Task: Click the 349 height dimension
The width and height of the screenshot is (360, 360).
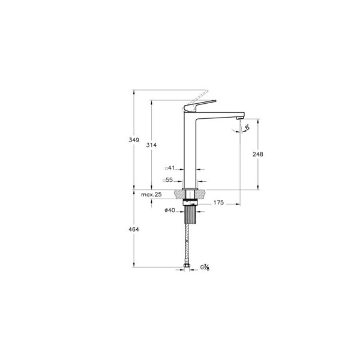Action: [x=134, y=140]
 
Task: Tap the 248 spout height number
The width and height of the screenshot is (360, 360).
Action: [x=259, y=154]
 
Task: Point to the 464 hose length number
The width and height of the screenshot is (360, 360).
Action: [x=134, y=229]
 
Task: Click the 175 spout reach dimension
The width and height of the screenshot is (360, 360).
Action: [x=218, y=203]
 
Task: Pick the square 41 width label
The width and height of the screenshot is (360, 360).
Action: [x=169, y=169]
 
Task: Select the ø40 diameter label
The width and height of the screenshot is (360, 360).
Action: [x=169, y=210]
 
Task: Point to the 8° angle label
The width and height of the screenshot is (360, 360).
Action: [x=247, y=127]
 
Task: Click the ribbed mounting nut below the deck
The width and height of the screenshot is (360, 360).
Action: [x=190, y=211]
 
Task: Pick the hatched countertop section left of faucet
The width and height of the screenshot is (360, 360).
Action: [x=178, y=194]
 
